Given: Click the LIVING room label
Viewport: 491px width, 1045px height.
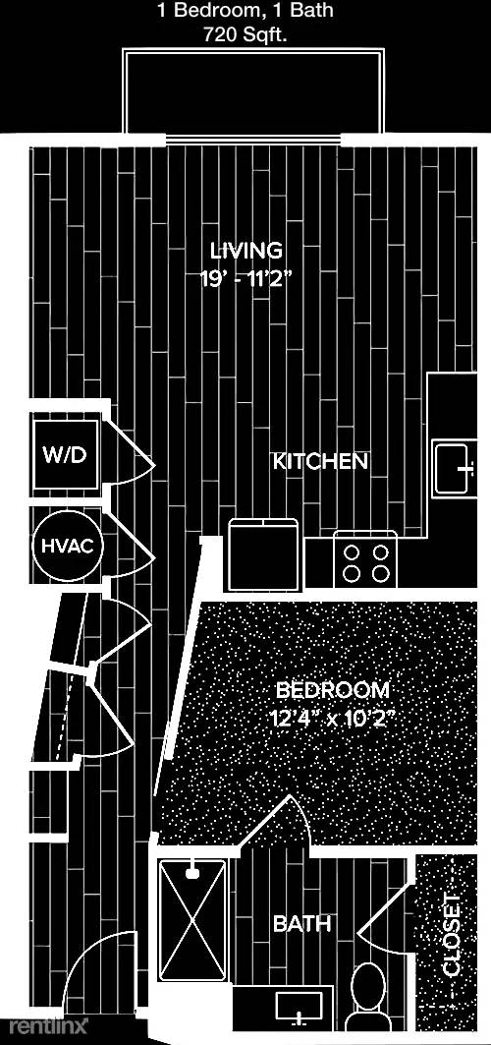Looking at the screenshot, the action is click(245, 251).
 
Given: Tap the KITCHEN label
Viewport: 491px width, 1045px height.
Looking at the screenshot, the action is click(321, 461).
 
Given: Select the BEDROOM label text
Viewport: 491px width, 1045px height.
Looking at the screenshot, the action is click(333, 689).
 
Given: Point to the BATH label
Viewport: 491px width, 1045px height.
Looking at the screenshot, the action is click(302, 924).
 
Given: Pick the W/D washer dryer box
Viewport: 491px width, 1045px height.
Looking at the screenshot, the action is click(65, 456).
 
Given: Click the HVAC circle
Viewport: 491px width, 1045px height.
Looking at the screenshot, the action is click(67, 547).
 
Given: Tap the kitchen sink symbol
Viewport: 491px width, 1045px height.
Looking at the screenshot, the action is click(455, 468).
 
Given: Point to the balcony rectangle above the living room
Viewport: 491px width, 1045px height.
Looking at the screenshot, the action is click(253, 92).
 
